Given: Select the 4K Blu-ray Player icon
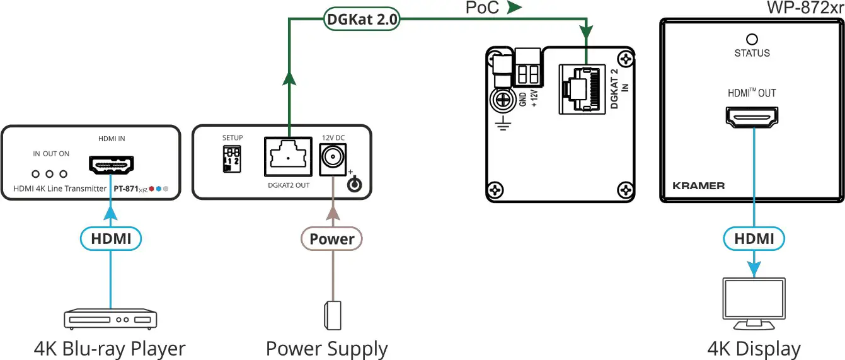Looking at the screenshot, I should [110, 319].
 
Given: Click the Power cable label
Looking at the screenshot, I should [331, 239].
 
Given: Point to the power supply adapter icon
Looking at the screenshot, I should [332, 315].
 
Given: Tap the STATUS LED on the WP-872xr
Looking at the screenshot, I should [752, 38].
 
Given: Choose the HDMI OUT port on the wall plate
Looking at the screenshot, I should [752, 116].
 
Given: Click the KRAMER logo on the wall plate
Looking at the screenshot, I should [699, 186].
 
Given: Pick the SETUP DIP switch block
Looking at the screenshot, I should [231, 160].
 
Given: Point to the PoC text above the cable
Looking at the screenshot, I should [483, 8].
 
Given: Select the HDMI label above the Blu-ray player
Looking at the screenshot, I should [111, 239].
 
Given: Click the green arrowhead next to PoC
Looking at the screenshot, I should [515, 8].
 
